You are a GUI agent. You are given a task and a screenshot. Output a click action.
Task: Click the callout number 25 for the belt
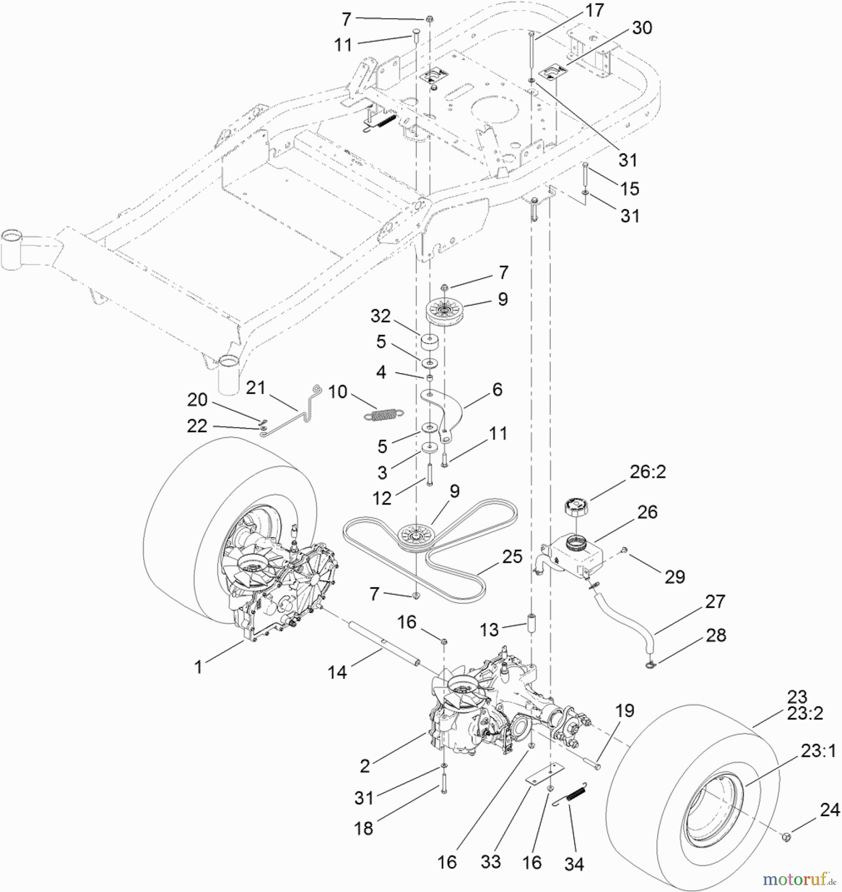point(512,557)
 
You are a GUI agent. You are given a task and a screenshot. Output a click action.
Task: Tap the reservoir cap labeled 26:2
point(576,507)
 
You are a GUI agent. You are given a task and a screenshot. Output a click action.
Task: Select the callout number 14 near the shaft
point(337,672)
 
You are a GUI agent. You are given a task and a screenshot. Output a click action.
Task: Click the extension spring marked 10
point(383,415)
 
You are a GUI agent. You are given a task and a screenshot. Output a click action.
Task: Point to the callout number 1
point(199,667)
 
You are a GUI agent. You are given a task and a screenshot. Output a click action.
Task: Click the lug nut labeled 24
point(786,837)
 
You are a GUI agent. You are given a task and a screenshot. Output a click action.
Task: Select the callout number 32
point(380,316)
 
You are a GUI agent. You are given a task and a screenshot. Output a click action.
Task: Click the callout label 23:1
point(819,751)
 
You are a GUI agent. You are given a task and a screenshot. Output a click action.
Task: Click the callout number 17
point(594,10)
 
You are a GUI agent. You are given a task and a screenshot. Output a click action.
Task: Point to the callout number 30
point(642,28)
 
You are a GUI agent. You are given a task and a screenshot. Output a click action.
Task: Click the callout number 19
point(625,711)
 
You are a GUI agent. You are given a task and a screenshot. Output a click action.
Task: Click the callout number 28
point(716,635)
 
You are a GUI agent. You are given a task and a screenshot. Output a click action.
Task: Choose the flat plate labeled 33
point(545,775)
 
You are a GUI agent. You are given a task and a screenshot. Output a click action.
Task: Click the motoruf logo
point(797,879)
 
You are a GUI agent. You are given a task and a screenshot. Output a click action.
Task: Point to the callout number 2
point(365,766)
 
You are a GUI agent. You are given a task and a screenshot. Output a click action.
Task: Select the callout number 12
point(382,498)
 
